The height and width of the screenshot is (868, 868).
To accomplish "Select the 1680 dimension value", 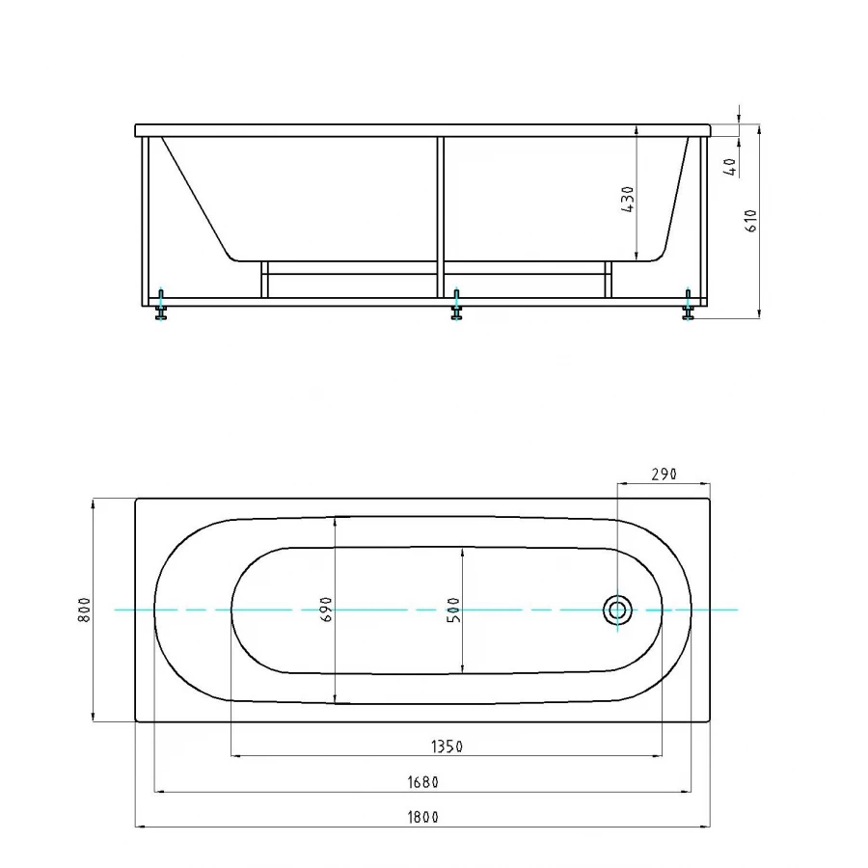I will click(x=423, y=782).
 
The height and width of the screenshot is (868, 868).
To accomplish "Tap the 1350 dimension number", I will click(x=447, y=746).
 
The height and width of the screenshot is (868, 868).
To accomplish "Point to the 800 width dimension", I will click(x=85, y=610).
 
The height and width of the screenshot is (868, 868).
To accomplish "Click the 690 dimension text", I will click(x=326, y=610).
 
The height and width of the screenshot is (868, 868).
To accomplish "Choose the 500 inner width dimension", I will click(x=454, y=610).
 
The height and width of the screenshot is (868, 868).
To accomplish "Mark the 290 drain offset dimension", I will click(x=664, y=474).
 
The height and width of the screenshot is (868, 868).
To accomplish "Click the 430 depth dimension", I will click(x=629, y=198).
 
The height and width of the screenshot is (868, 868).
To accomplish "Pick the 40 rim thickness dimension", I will click(x=730, y=166).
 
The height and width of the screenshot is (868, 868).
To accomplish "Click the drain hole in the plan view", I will click(x=618, y=610).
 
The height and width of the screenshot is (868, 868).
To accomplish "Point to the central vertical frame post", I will click(x=440, y=217).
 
